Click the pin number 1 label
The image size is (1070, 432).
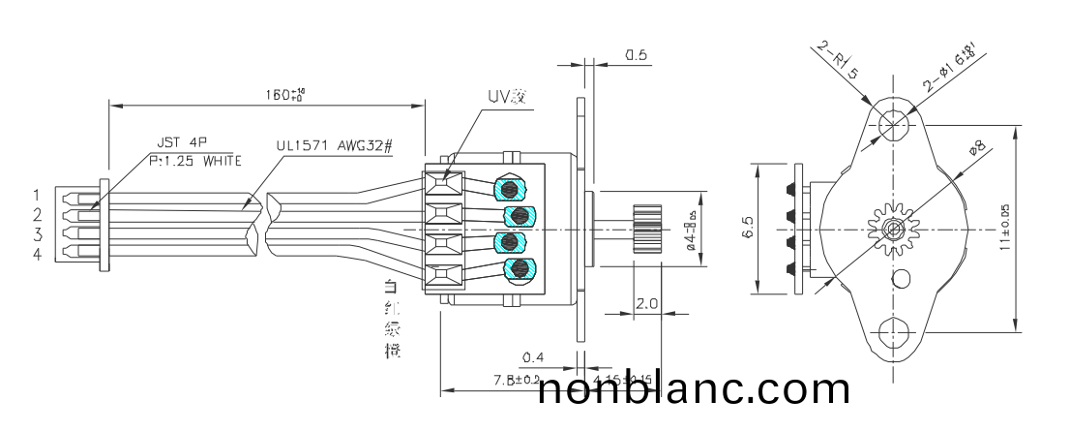pos(36,196)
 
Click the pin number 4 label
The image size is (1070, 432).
pos(36,255)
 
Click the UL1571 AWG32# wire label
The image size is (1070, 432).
pos(334,145)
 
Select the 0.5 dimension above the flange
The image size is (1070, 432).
pos(636,55)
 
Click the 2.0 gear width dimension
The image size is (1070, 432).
pos(647,304)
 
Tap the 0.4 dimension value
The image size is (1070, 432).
pos(531,358)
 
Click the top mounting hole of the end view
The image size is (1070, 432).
pos(893,120)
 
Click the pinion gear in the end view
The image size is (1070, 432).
pos(893,229)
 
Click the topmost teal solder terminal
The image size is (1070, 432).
pos(510,187)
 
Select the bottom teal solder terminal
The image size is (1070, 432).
pos(520,268)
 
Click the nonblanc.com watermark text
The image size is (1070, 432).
pos(694,389)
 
